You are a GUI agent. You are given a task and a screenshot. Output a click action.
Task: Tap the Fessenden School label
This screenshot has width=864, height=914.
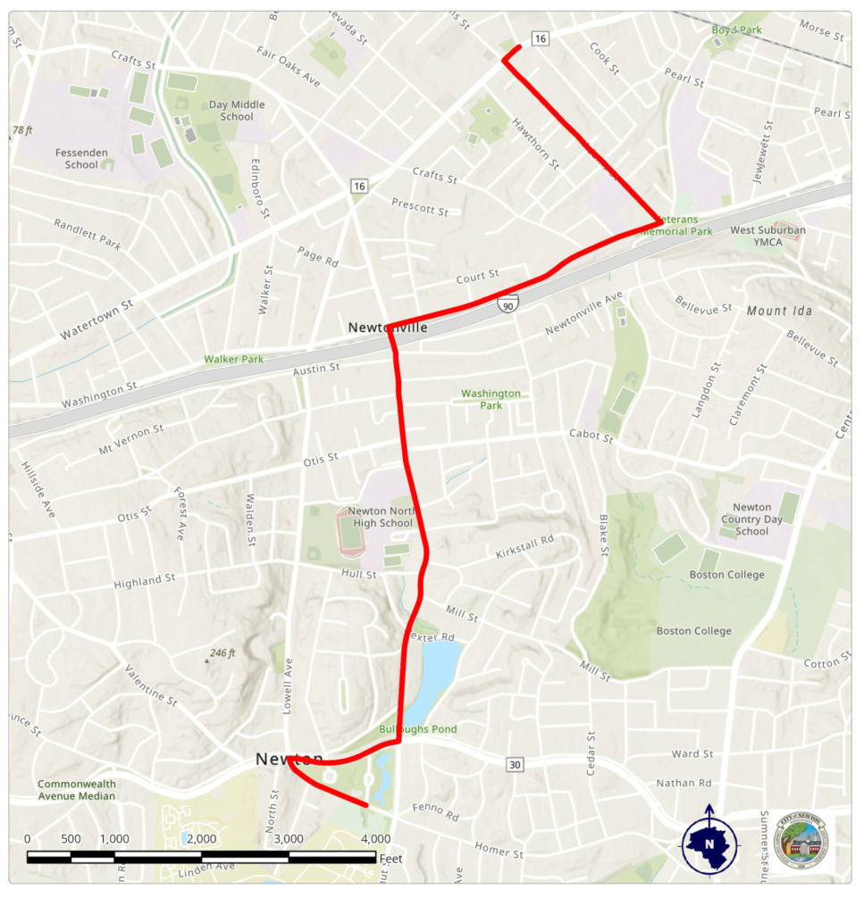coord(81,158)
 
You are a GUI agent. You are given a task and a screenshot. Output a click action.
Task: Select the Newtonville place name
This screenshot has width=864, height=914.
coord(388,328)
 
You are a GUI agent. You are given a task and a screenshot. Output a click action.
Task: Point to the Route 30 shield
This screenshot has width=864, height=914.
coord(513,765)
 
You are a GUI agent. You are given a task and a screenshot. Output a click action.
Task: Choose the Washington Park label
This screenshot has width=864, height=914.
coord(491,399)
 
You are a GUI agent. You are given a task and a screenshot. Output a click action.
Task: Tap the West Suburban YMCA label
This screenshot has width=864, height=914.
coord(768,236)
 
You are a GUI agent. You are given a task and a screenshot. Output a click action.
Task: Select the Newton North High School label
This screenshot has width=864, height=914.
coord(381,517)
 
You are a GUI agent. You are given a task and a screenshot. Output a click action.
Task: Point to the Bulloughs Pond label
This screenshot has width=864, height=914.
coord(418,729)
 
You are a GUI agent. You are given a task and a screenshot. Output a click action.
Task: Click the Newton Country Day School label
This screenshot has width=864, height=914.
coord(751,519)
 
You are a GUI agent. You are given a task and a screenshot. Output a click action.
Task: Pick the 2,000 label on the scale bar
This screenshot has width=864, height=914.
coord(201,838)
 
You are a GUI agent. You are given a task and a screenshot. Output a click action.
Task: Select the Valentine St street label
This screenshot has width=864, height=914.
coord(151,685)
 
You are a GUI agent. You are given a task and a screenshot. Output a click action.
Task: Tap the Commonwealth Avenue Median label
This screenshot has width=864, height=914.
coord(77,790)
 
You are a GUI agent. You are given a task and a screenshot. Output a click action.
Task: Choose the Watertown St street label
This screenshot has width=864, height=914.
coord(96,320)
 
